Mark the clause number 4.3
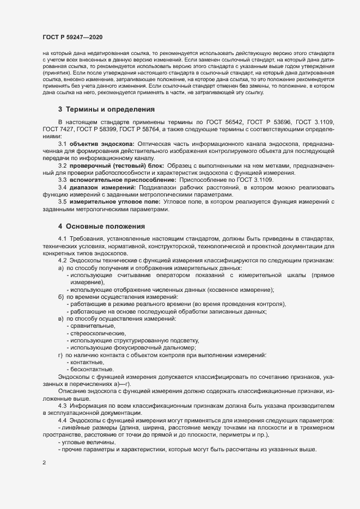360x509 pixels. tap(62, 406)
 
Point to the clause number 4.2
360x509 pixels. tap(62, 261)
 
